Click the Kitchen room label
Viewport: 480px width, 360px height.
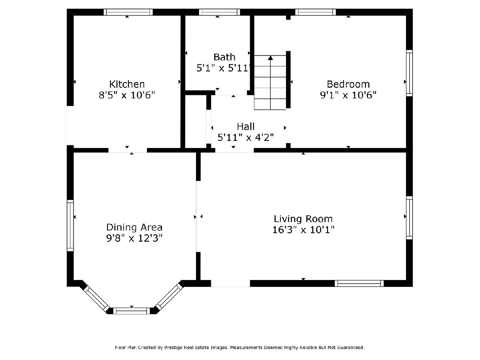point(127,84)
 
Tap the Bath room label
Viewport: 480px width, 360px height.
point(224,57)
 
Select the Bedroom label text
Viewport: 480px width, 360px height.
point(348,84)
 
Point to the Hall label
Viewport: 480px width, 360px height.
point(246,126)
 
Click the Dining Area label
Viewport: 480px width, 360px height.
point(134,227)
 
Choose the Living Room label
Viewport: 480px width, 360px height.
point(303,219)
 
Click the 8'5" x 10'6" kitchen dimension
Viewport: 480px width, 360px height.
point(127,95)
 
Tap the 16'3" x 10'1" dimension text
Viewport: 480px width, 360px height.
point(303,230)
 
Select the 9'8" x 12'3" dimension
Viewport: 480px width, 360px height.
point(134,238)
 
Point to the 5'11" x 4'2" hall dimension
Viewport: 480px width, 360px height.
point(246,138)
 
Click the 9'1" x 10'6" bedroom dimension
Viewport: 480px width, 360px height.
point(348,95)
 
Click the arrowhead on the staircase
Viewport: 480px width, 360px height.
point(270,58)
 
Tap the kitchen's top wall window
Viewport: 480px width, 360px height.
point(128,12)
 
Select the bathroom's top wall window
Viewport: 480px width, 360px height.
point(219,12)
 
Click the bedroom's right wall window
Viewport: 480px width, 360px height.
point(409,73)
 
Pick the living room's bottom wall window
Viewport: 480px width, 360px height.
point(359,283)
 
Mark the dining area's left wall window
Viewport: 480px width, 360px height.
point(70,226)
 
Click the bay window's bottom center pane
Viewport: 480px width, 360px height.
point(132,311)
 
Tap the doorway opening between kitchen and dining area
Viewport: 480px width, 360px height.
point(128,150)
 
